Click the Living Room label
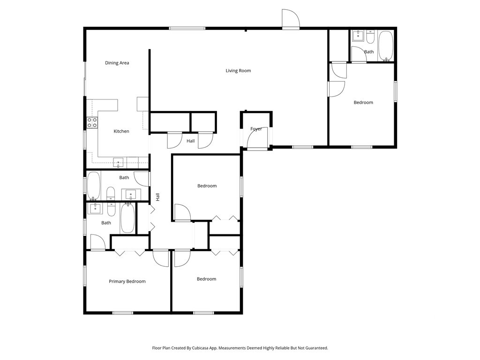238,71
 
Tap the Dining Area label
117,63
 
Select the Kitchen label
121,131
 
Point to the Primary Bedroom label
127,282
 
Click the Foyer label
256,129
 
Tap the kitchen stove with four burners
92,122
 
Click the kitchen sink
118,163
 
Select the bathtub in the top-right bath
385,46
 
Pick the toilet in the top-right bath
370,37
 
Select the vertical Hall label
158,197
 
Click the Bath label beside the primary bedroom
106,223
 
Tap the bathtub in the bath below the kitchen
94,186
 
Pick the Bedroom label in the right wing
363,103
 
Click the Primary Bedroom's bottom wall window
123,313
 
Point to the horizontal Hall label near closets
190,141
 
